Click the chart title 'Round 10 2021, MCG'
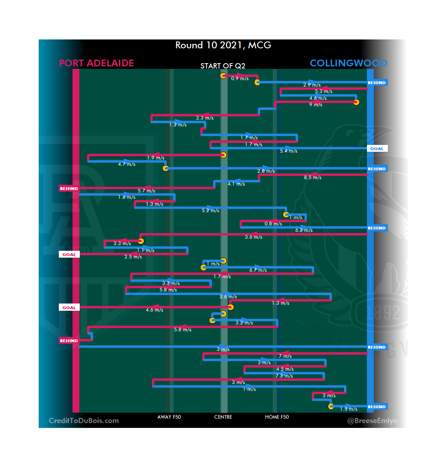click(223, 45)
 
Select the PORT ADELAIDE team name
click(97, 63)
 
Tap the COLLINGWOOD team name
click(348, 63)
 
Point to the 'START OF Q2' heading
click(223, 66)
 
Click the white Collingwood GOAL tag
click(377, 149)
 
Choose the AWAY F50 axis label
click(169, 417)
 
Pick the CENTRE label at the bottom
click(223, 417)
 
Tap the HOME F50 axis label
click(277, 417)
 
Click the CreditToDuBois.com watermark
click(84, 421)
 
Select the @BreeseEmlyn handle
click(372, 421)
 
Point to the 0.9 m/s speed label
click(240, 78)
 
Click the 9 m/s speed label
click(316, 105)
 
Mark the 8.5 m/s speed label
click(313, 178)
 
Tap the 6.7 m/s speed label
click(258, 270)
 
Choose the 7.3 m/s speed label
click(284, 376)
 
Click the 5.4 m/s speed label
click(288, 151)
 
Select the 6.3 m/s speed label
click(304, 230)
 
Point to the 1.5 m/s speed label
click(348, 409)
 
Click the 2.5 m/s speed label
click(133, 257)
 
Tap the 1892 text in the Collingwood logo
click(383, 313)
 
